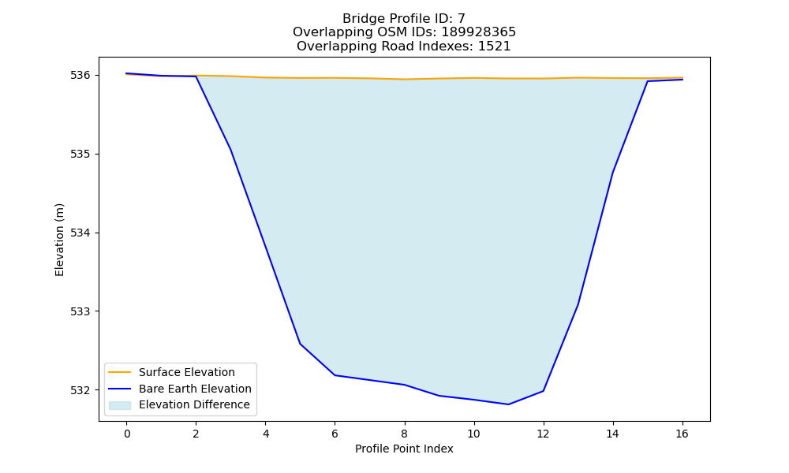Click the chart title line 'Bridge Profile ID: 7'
click(x=403, y=19)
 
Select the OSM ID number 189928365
click(x=479, y=32)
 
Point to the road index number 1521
click(x=494, y=47)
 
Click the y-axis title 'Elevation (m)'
click(x=59, y=240)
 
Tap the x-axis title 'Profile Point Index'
click(x=404, y=449)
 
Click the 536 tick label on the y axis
click(x=80, y=76)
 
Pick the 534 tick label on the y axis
click(x=80, y=233)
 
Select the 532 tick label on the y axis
click(x=80, y=390)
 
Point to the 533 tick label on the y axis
click(x=80, y=311)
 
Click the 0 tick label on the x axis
click(x=127, y=434)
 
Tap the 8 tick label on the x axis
click(x=405, y=434)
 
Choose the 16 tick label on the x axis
click(x=682, y=434)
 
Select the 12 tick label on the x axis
click(x=543, y=434)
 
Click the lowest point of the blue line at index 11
click(x=508, y=404)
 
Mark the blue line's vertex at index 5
click(x=300, y=344)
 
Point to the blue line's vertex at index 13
click(x=578, y=304)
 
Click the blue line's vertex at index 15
click(x=647, y=81)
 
